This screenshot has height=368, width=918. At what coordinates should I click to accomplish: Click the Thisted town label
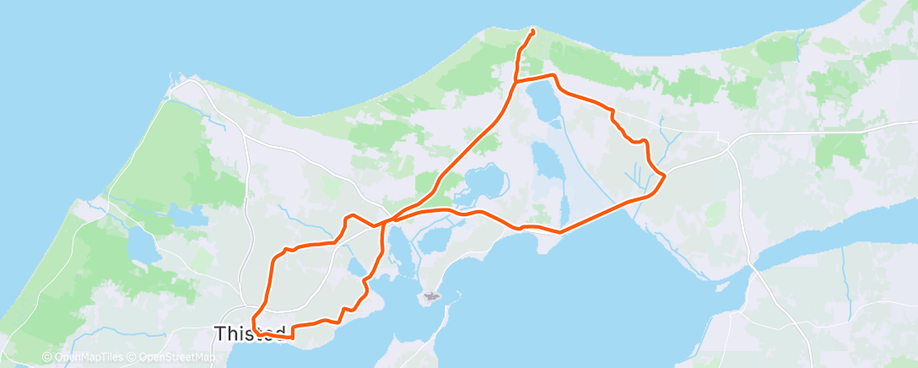(x=251, y=333)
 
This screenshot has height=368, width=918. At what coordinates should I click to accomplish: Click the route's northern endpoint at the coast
(x=532, y=32)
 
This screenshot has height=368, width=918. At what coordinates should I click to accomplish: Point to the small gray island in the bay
(x=431, y=296)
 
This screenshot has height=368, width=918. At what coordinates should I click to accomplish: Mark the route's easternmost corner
(x=666, y=176)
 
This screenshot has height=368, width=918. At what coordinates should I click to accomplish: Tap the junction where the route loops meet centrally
(x=385, y=223)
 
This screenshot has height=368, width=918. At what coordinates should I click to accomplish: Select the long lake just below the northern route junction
(x=542, y=104)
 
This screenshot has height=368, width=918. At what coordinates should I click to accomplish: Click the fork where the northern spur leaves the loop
(x=516, y=81)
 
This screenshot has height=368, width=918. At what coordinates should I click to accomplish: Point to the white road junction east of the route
(x=729, y=144)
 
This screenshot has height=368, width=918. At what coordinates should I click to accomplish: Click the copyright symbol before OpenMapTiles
(x=46, y=358)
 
